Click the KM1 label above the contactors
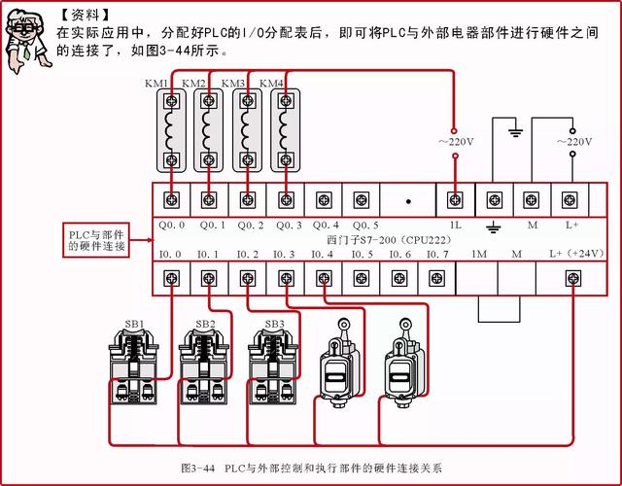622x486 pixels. (x=155, y=84)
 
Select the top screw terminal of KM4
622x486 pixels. (x=285, y=101)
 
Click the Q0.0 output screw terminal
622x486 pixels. (x=171, y=200)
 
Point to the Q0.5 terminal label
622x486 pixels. (x=365, y=226)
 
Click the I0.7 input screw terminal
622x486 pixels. (x=436, y=279)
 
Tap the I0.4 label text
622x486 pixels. (x=322, y=254)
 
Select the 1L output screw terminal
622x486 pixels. (x=455, y=200)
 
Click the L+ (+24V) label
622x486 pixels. (x=576, y=254)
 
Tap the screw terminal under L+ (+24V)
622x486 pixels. (x=572, y=279)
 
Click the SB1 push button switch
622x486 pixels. (x=134, y=368)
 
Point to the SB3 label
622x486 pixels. (x=274, y=324)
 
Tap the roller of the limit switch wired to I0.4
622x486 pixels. (x=406, y=324)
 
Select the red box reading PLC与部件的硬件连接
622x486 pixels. (x=96, y=240)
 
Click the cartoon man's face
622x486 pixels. (x=24, y=29)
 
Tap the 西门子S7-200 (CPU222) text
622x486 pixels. (x=389, y=240)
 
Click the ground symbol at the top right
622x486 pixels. (x=515, y=132)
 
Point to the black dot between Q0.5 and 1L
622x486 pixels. (x=408, y=201)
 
